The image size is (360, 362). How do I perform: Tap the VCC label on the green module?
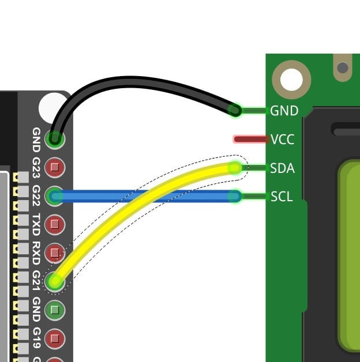[x=282, y=139]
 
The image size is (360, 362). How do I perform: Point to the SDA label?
[x=282, y=168]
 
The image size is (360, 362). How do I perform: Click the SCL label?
[x=282, y=197]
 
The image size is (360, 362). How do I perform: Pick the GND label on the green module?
[x=284, y=110]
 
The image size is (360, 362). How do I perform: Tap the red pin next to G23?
[x=55, y=168]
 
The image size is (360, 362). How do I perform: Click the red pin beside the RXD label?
[x=55, y=252]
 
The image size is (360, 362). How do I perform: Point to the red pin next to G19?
[x=55, y=337]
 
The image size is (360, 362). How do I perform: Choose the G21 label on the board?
[x=36, y=281]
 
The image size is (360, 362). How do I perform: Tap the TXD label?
[x=36, y=224]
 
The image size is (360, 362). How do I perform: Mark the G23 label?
[x=36, y=168]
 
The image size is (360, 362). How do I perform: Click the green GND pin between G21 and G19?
[x=55, y=310]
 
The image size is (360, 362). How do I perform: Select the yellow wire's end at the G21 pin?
[x=55, y=281]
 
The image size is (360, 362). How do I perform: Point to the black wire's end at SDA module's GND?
[x=235, y=110]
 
